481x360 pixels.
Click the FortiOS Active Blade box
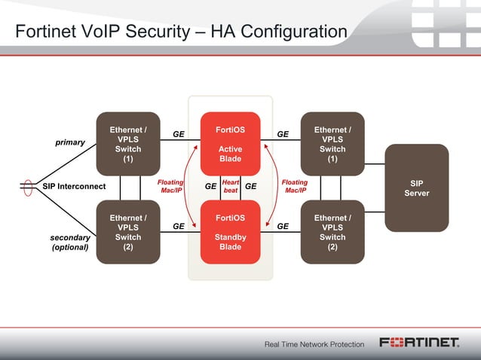tap(230, 144)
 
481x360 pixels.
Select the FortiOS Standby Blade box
tap(230, 232)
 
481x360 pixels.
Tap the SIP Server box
tap(416, 188)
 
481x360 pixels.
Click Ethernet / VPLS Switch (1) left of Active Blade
tap(128, 144)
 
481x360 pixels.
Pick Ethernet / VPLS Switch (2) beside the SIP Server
tap(332, 232)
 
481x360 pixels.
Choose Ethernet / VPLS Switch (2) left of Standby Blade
tap(128, 232)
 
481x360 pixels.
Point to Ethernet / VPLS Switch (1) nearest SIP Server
tap(332, 144)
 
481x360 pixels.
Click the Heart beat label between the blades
tap(231, 186)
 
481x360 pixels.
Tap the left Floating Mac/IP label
tap(170, 186)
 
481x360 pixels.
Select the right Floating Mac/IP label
tap(294, 186)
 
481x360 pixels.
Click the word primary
tap(69, 142)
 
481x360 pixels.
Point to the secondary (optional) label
tap(69, 242)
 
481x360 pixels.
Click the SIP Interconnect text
tap(74, 186)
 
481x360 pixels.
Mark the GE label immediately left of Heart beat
tap(211, 186)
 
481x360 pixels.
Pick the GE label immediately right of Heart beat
tap(250, 186)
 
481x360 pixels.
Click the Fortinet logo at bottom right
tap(419, 343)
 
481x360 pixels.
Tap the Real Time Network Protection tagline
tap(314, 344)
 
